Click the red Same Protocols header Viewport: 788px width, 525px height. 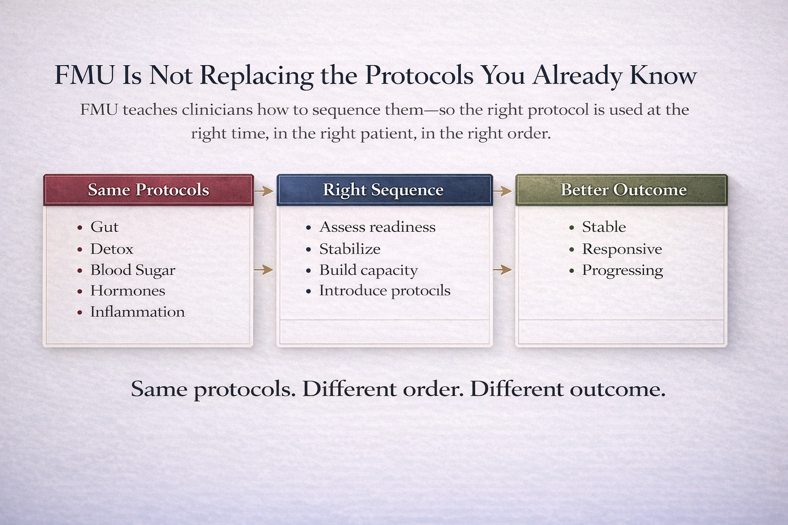148,190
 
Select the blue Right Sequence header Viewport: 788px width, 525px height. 384,190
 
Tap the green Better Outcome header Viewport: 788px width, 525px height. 621,190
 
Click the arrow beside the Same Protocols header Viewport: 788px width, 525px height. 264,191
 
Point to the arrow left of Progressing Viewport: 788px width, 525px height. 502,270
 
